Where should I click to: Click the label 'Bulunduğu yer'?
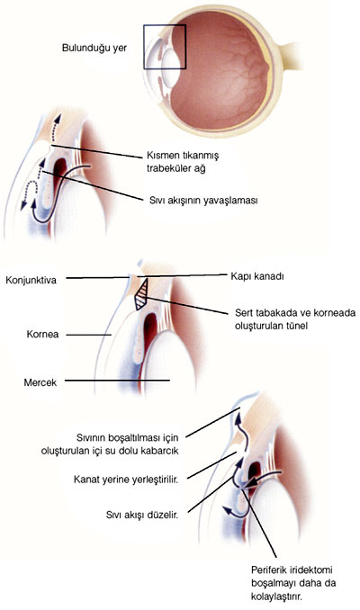94,49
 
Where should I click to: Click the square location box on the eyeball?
144,47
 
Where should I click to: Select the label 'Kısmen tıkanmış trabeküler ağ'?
183,162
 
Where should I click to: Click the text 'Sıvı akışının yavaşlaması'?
203,201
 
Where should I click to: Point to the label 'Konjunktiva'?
31,280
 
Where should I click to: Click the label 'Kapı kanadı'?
257,276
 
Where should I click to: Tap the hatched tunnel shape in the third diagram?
142,294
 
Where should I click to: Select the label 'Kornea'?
43,334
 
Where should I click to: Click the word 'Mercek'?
40,382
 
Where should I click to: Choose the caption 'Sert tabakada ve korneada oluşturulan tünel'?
295,319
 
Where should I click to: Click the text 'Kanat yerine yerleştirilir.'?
126,480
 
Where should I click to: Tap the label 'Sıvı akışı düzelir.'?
142,515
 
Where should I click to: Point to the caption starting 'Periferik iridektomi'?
293,583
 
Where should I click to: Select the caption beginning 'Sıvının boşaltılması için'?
110,444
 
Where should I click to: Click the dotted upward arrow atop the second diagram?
56,129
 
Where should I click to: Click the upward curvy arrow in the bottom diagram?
243,432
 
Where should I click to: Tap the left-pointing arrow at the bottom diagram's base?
235,512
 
